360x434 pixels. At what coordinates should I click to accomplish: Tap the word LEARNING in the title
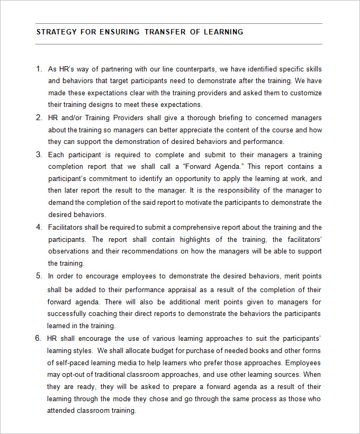(223, 32)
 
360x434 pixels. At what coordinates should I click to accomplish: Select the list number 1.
(39, 69)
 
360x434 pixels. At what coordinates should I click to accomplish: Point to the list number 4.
(39, 227)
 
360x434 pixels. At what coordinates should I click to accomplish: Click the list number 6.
(39, 338)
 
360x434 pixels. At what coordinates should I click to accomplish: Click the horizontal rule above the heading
(179, 24)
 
